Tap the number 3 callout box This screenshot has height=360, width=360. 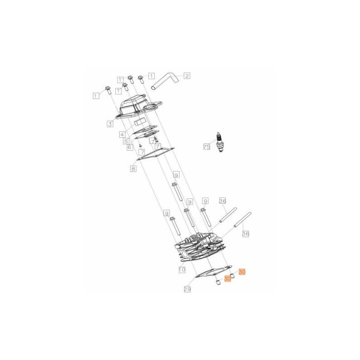click(x=110, y=123)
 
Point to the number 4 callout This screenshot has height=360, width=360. click(x=122, y=134)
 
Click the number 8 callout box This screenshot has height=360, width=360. click(x=133, y=169)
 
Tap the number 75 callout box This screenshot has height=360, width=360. click(x=207, y=147)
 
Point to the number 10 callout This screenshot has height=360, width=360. click(x=182, y=270)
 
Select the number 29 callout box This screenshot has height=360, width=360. click(x=187, y=289)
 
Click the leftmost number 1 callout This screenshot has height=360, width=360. click(x=95, y=95)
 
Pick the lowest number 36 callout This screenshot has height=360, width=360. click(x=245, y=234)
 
